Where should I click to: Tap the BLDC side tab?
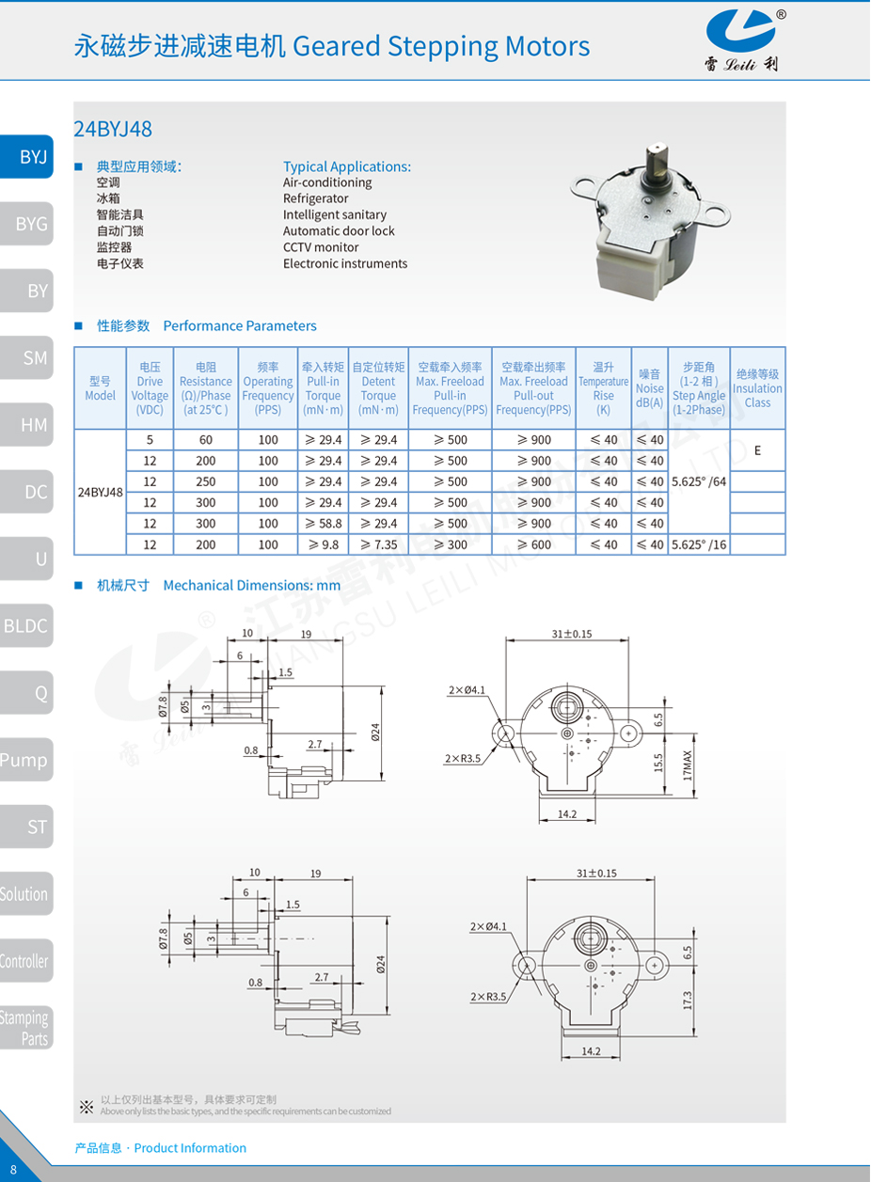pyautogui.click(x=26, y=625)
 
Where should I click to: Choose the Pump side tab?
pyautogui.click(x=25, y=760)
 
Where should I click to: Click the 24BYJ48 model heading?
pyautogui.click(x=113, y=129)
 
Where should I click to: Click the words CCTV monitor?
pyautogui.click(x=321, y=247)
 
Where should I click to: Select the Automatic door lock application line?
pyautogui.click(x=339, y=231)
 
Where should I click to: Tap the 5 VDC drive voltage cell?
pyautogui.click(x=150, y=439)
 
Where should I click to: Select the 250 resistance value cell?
pyautogui.click(x=206, y=481)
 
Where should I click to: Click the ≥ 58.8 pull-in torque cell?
pyautogui.click(x=323, y=524)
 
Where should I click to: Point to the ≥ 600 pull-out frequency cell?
pyautogui.click(x=534, y=544)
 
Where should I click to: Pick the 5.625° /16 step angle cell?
pyautogui.click(x=699, y=544)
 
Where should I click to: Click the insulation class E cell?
pyautogui.click(x=757, y=450)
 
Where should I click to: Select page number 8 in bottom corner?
pyautogui.click(x=13, y=1171)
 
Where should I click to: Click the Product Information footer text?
pyautogui.click(x=161, y=1148)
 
